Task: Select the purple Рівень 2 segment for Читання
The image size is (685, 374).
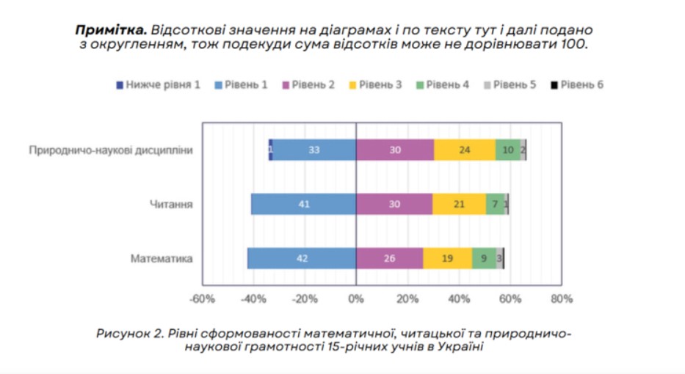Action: pyautogui.click(x=394, y=204)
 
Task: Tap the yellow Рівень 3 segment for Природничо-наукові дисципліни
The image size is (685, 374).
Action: pyautogui.click(x=464, y=150)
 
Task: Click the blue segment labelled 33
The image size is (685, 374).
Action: pyautogui.click(x=313, y=150)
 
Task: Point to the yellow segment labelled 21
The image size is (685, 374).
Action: pyautogui.click(x=459, y=204)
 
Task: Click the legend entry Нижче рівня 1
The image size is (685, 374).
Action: pyautogui.click(x=158, y=84)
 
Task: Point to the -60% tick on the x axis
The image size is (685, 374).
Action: pyautogui.click(x=202, y=299)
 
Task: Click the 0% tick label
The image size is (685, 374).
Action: pyautogui.click(x=356, y=299)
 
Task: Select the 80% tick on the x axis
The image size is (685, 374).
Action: pyautogui.click(x=561, y=299)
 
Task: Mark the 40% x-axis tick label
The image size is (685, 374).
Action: pyautogui.click(x=459, y=299)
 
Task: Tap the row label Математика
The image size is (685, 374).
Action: pyautogui.click(x=162, y=258)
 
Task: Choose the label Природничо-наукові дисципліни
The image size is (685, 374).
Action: pyautogui.click(x=111, y=150)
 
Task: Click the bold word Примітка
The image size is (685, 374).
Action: pyautogui.click(x=111, y=30)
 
